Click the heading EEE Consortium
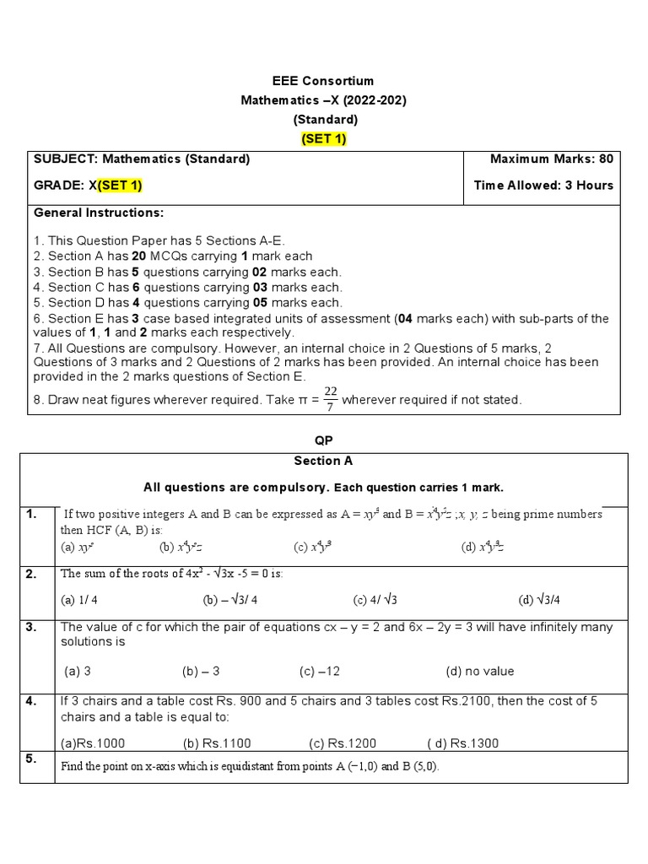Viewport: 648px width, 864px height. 322,82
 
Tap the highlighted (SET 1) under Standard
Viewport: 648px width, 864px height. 323,139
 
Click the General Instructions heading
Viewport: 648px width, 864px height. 99,213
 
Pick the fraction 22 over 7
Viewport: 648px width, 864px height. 330,400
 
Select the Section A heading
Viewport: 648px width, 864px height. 323,461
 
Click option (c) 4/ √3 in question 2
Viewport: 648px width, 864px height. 375,600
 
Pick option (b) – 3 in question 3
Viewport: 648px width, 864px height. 201,672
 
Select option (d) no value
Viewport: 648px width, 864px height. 479,672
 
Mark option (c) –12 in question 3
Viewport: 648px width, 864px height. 319,672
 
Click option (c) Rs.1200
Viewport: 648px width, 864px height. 343,743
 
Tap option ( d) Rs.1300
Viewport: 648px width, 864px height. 463,743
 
